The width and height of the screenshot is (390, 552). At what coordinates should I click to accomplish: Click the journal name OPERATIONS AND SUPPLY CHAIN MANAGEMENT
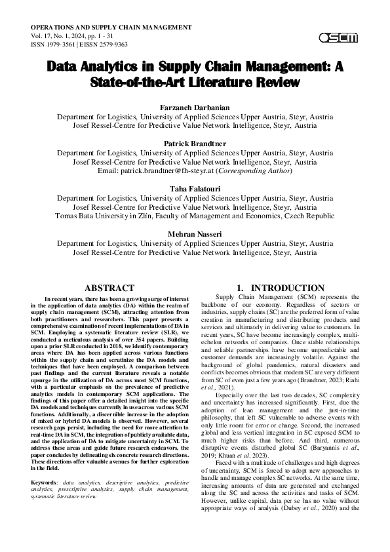pyautogui.click(x=111, y=27)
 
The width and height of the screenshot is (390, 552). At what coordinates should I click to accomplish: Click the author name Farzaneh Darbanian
pyautogui.click(x=195, y=107)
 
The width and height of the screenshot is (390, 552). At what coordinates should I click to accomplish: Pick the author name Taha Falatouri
pyautogui.click(x=195, y=188)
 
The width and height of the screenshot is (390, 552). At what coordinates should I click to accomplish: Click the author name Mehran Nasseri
pyautogui.click(x=195, y=233)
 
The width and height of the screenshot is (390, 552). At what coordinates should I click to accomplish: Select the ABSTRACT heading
pyautogui.click(x=111, y=288)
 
